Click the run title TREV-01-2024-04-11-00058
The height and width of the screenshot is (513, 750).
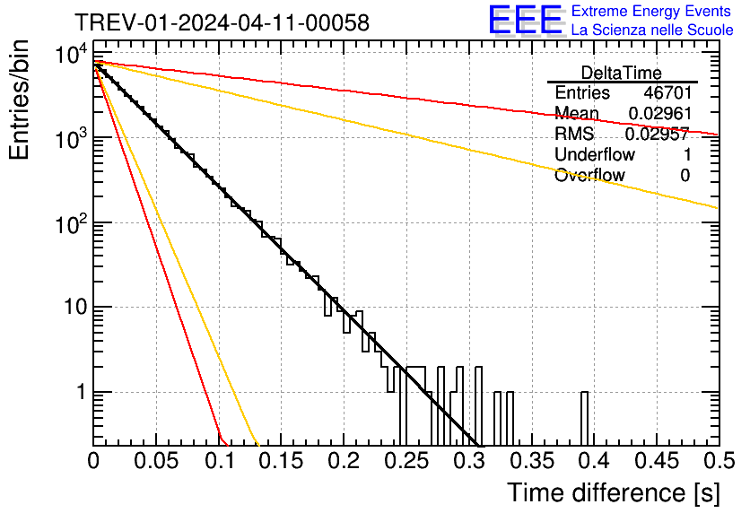click(x=221, y=22)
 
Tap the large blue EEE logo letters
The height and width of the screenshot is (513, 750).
click(x=526, y=20)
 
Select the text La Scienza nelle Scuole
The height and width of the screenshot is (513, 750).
click(x=652, y=30)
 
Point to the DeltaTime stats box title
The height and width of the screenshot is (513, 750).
click(x=622, y=73)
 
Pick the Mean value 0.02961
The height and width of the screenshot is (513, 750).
click(x=658, y=113)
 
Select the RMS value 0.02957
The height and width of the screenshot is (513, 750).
click(x=657, y=134)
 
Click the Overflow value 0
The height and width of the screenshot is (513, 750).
click(x=685, y=175)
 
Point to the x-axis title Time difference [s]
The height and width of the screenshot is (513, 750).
click(x=614, y=492)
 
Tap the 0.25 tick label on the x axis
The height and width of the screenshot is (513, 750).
click(x=406, y=462)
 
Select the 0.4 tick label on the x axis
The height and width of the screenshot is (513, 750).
click(x=593, y=462)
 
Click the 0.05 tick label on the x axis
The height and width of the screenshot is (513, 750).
click(x=157, y=462)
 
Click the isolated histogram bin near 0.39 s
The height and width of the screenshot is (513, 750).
click(x=584, y=417)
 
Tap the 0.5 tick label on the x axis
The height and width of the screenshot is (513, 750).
click(x=718, y=462)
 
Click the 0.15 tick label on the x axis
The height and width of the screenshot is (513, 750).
click(x=282, y=462)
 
